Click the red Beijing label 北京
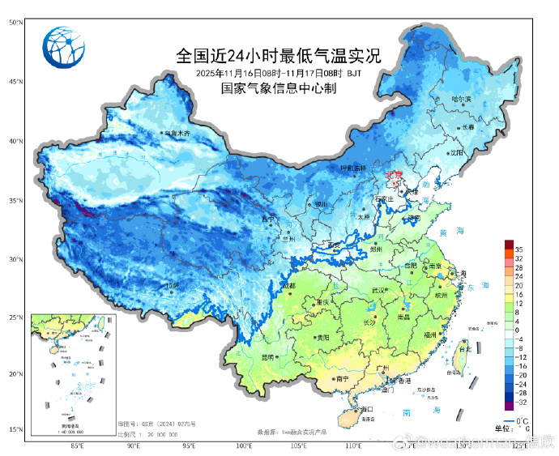point(395,173)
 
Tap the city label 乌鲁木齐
point(177,133)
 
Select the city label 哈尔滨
point(461,99)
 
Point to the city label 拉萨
point(173,286)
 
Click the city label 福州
point(429,334)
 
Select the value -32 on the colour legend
point(519,402)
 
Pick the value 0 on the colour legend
point(516,330)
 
